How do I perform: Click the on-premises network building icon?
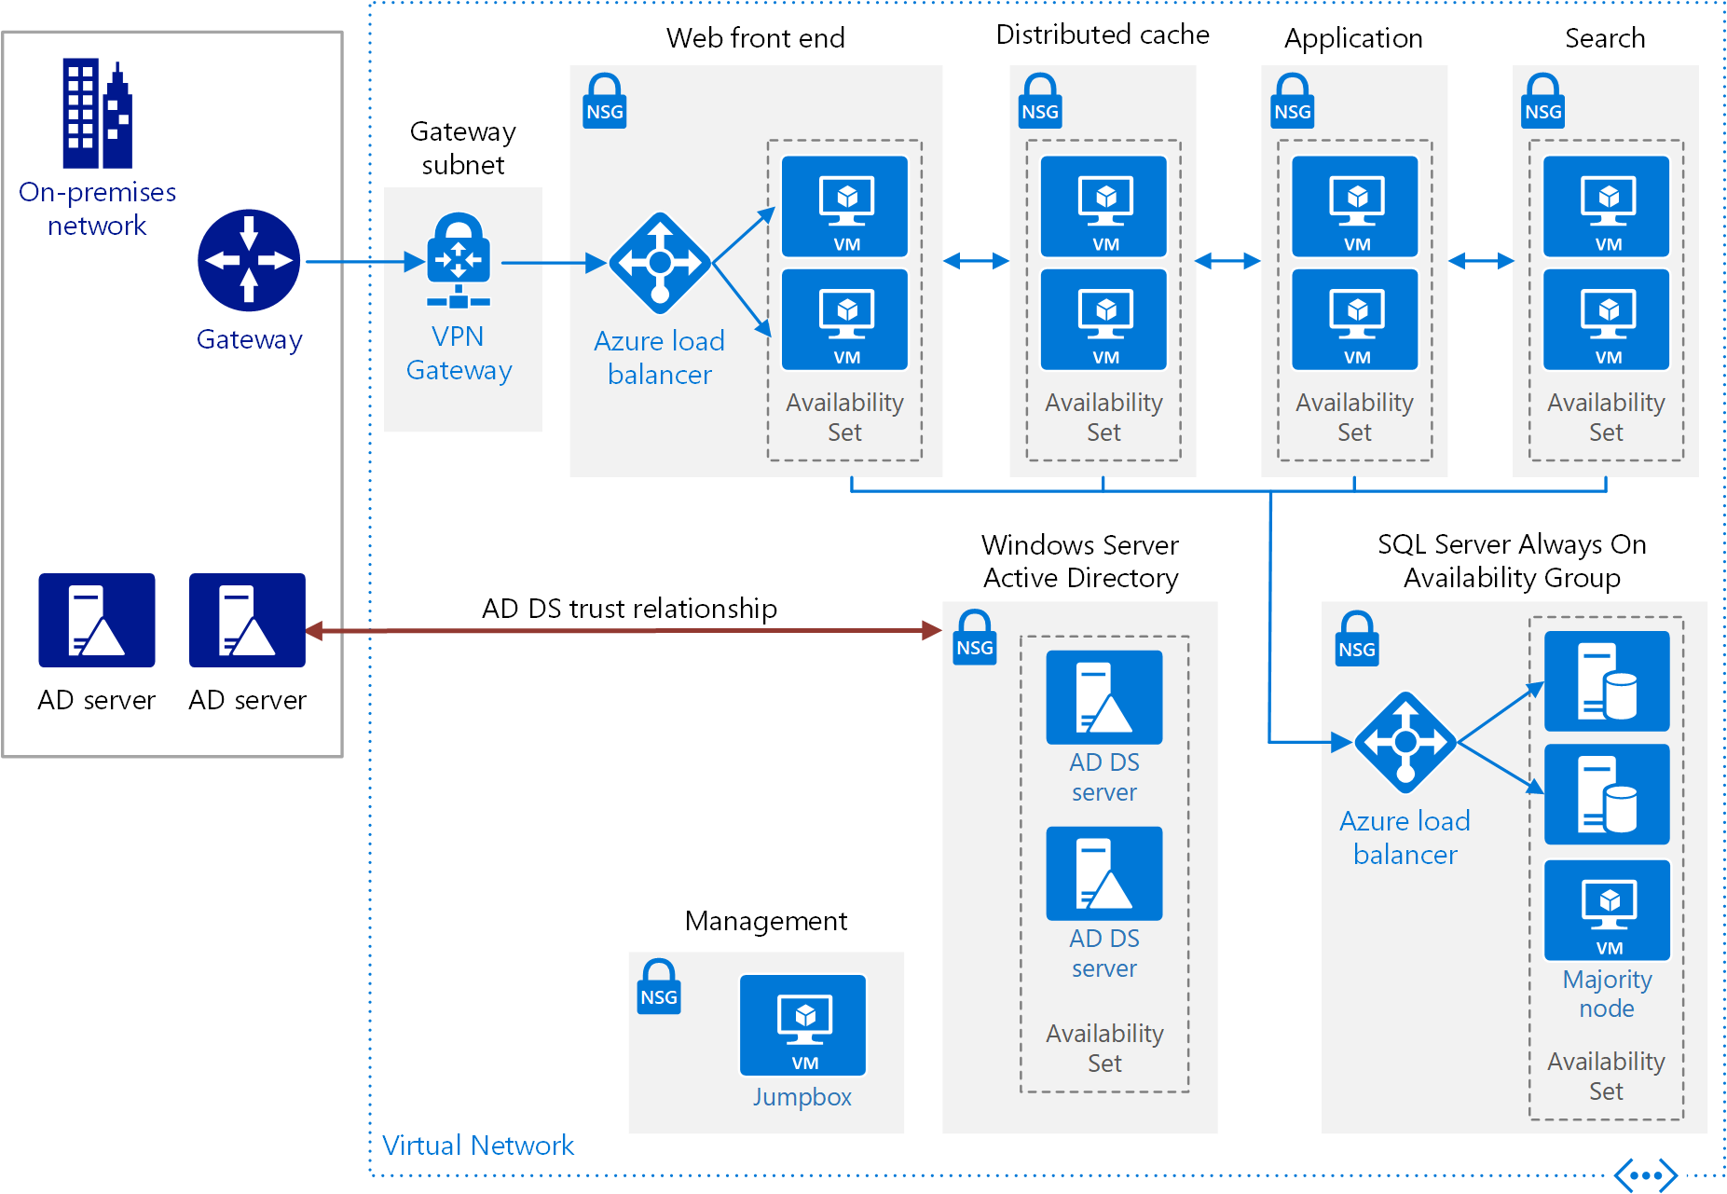tap(97, 115)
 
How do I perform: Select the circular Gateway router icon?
tap(249, 260)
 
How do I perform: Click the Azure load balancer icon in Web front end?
tap(660, 263)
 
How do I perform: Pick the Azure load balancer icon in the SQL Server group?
tap(1405, 743)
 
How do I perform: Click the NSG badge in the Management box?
tap(659, 987)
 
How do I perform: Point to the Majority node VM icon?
tap(1607, 910)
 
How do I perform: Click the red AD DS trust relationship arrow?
tap(624, 631)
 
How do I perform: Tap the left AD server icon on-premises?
tap(97, 620)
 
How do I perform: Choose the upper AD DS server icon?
tap(1103, 697)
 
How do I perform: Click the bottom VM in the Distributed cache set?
tap(1103, 320)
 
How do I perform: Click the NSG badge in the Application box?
tap(1293, 102)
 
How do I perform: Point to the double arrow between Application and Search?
tap(1481, 261)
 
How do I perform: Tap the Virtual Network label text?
tap(477, 1146)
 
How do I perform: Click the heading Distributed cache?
tap(1103, 35)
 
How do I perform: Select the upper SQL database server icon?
tap(1607, 681)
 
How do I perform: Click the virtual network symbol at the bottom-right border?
tap(1646, 1175)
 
